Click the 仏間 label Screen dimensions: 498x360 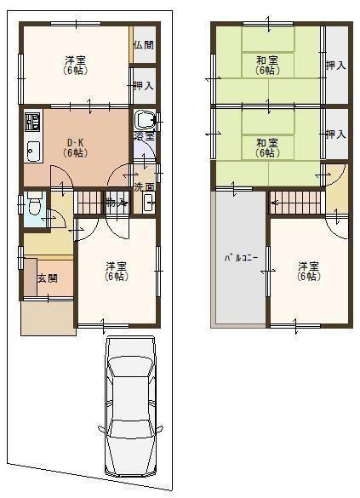pyautogui.click(x=144, y=44)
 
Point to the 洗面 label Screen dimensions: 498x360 pyautogui.click(x=144, y=187)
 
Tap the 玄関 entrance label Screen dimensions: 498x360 pyautogui.click(x=47, y=278)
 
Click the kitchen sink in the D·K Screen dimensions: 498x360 pyautogui.click(x=32, y=152)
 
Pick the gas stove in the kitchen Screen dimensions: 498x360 pyautogui.click(x=32, y=122)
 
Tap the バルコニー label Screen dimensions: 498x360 pyautogui.click(x=241, y=256)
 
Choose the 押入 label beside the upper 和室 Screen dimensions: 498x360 pyautogui.click(x=336, y=65)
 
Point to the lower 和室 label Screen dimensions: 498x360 pyautogui.click(x=267, y=147)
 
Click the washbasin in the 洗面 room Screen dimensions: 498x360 pyautogui.click(x=148, y=203)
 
